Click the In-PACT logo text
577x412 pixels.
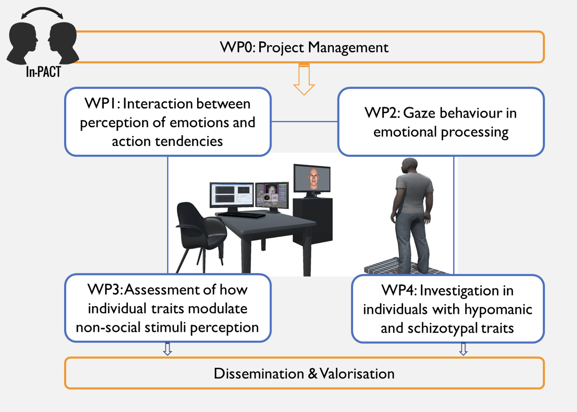(43, 72)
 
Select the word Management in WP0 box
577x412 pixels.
(348, 47)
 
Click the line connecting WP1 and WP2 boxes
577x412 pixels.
(305, 121)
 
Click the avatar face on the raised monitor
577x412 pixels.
(313, 178)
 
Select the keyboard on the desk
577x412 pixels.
(242, 214)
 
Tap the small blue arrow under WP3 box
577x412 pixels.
(167, 349)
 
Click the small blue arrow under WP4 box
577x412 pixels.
(463, 349)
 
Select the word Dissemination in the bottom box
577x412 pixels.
(259, 374)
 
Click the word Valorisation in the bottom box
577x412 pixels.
(357, 374)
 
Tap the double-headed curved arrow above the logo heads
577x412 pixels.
(42, 12)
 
